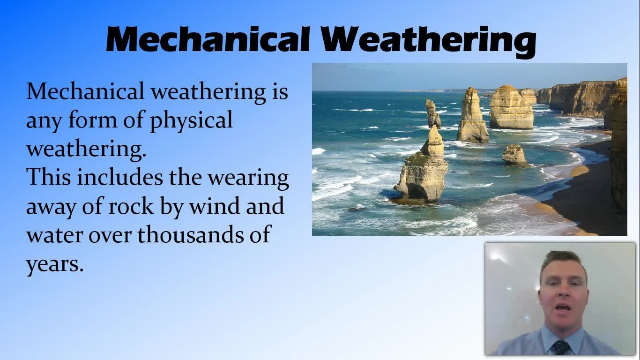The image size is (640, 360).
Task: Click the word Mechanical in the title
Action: click(x=208, y=39)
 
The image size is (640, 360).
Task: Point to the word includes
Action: click(x=120, y=177)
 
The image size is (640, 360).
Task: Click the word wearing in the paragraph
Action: click(x=248, y=179)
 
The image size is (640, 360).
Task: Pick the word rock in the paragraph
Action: click(x=131, y=206)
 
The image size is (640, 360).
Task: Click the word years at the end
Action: click(x=55, y=265)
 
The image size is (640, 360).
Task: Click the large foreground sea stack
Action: click(x=422, y=169)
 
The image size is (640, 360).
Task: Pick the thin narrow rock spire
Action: click(x=433, y=113)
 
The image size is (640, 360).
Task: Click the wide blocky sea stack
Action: click(x=512, y=107)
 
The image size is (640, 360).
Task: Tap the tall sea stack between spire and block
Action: click(x=472, y=116)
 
